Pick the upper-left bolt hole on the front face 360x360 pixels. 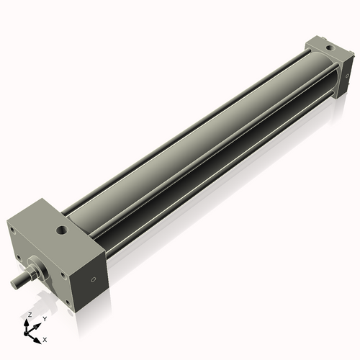(x=12, y=230)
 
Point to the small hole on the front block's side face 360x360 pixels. (x=93, y=281)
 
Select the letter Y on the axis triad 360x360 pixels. (x=44, y=318)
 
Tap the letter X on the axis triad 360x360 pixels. (x=45, y=338)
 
